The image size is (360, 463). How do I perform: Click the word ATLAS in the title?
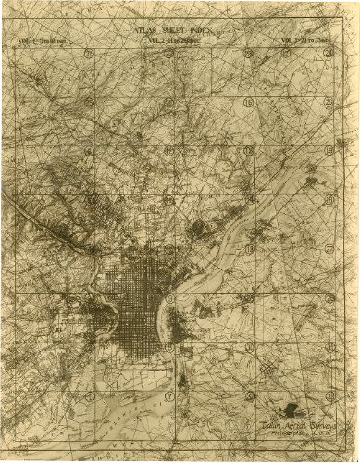tap(143, 29)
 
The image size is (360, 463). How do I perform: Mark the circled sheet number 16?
tap(248, 102)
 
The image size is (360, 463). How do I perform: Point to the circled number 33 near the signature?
tap(251, 395)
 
